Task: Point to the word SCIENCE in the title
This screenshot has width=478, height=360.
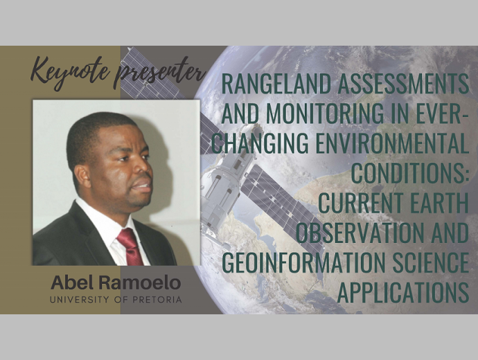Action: tap(430, 262)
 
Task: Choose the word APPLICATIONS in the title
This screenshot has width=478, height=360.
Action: tap(403, 291)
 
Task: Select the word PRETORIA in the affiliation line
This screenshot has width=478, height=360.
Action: tap(157, 300)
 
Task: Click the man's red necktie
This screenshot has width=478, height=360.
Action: tap(130, 246)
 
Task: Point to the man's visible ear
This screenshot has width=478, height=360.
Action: tap(82, 177)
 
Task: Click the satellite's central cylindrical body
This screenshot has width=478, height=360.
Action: tap(222, 189)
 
